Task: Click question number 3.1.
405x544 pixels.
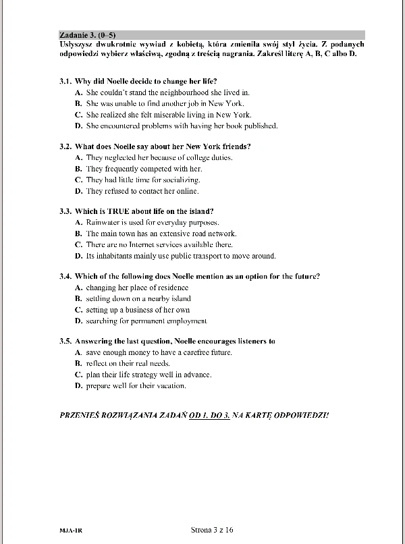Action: pyautogui.click(x=65, y=80)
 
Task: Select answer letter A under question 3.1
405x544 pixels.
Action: pyautogui.click(x=78, y=92)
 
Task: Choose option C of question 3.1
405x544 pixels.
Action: pyautogui.click(x=78, y=115)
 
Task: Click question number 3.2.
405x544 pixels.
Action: pyautogui.click(x=65, y=146)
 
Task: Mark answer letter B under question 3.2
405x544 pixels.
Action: pyautogui.click(x=78, y=169)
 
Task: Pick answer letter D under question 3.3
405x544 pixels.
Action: pyautogui.click(x=78, y=256)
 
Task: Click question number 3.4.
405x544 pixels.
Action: pyautogui.click(x=65, y=276)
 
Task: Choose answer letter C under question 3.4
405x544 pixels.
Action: pyautogui.click(x=78, y=310)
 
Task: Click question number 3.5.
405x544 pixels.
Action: pyautogui.click(x=65, y=342)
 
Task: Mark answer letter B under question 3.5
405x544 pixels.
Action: pyautogui.click(x=78, y=364)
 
